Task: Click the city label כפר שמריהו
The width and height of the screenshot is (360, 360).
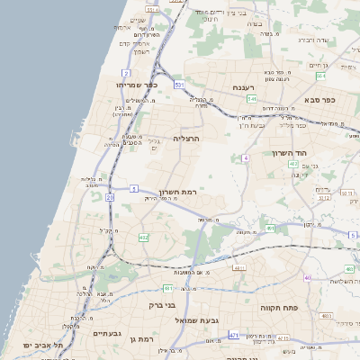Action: [137, 84]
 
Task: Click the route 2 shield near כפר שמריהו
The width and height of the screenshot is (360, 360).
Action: [127, 71]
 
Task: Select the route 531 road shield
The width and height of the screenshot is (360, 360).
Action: [179, 84]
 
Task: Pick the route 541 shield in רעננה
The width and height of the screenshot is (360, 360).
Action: [252, 99]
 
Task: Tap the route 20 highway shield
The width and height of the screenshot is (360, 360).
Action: [110, 196]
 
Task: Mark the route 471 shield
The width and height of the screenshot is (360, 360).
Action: [234, 336]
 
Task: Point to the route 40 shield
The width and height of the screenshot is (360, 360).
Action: [308, 277]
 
